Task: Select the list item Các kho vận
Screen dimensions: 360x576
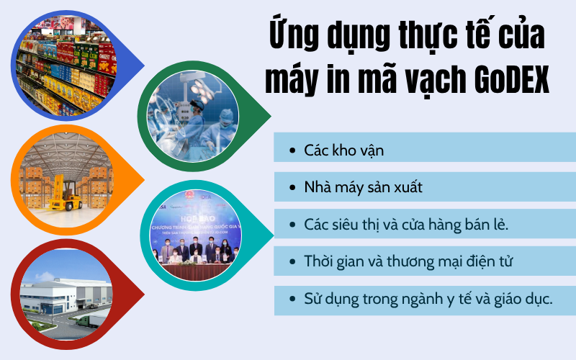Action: (x=333, y=151)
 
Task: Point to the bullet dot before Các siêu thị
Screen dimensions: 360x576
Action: (x=292, y=225)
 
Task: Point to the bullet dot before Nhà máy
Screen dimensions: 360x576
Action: (x=292, y=188)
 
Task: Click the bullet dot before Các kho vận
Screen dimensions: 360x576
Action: (x=292, y=151)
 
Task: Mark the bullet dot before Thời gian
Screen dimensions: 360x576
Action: (x=292, y=261)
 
